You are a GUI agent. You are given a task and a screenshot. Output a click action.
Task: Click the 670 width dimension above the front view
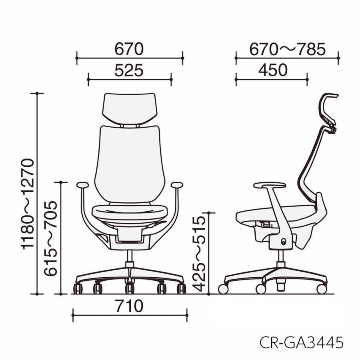(x=129, y=49)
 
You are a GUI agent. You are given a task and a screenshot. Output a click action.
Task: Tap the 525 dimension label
(x=129, y=70)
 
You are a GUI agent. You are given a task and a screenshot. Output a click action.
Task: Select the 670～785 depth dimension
(x=288, y=49)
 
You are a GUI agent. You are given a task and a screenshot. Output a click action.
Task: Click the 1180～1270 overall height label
(x=28, y=204)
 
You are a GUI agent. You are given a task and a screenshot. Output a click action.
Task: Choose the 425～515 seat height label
(x=199, y=254)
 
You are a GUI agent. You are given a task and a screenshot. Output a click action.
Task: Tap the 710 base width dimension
(x=130, y=306)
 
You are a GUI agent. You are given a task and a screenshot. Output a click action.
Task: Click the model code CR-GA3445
(x=302, y=342)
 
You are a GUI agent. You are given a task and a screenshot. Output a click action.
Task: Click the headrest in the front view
(x=130, y=108)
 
